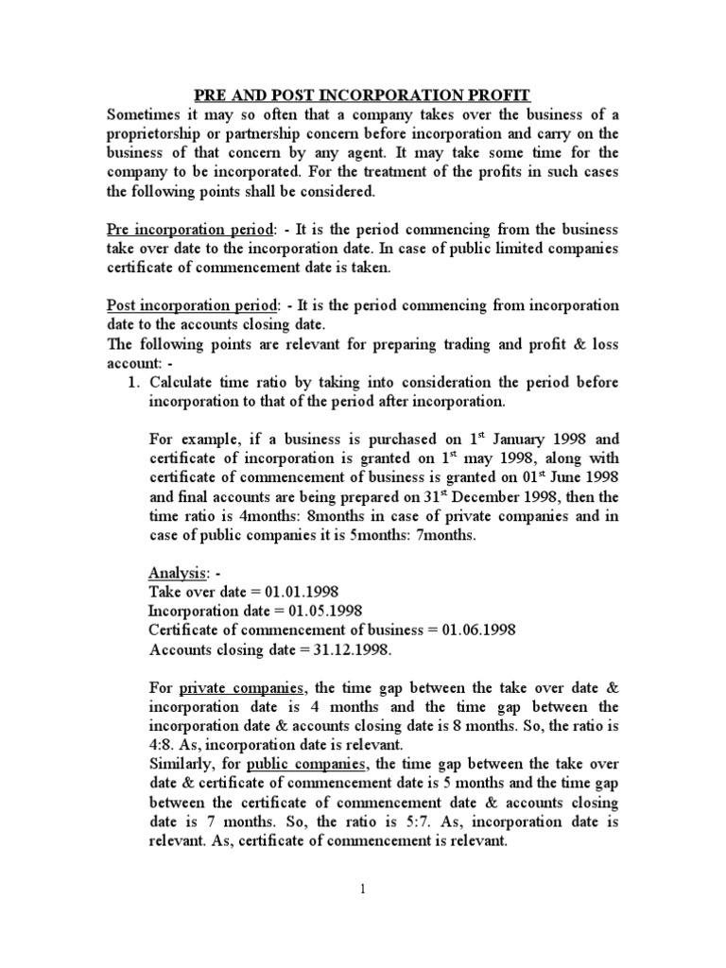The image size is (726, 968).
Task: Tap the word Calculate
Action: (x=185, y=384)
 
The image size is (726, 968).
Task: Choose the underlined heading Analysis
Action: (x=178, y=575)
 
